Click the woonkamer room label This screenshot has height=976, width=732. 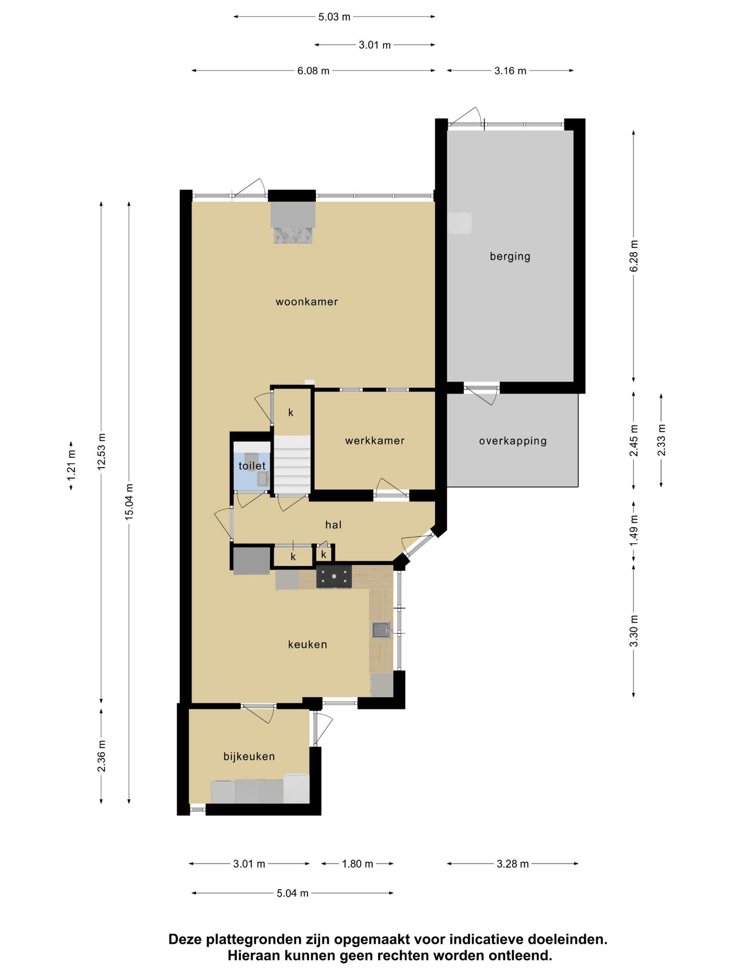point(307,302)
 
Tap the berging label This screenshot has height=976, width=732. point(510,257)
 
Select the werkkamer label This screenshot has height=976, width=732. point(375,441)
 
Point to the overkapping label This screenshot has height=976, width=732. point(513,441)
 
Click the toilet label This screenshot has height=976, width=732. point(252,466)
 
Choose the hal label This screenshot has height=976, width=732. point(334,525)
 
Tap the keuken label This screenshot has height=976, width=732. point(308,645)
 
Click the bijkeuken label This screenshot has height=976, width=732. point(249,757)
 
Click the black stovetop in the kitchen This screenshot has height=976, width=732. point(334,577)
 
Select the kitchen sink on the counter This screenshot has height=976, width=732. point(381,630)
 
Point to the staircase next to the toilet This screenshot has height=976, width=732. point(292,465)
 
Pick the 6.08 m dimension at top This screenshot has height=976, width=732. point(313,71)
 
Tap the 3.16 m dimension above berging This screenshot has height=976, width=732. point(510,71)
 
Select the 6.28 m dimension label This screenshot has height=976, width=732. point(633,256)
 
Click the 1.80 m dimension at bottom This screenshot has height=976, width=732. point(357,864)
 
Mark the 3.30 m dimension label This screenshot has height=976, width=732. point(633,631)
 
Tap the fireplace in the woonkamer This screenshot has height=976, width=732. point(293,223)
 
